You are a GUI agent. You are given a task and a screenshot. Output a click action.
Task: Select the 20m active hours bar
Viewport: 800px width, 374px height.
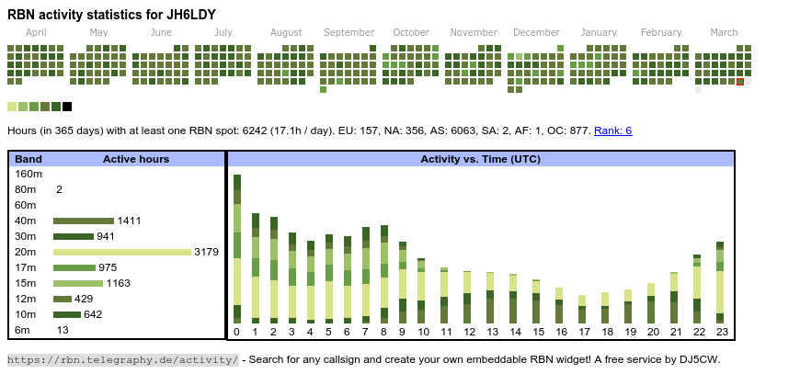pos(121,252)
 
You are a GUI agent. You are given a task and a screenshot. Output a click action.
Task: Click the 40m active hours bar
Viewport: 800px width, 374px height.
pos(83,221)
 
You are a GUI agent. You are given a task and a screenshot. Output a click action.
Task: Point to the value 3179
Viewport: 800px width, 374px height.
pos(206,252)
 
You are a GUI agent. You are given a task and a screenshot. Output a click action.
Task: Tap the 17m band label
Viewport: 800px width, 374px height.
pos(25,267)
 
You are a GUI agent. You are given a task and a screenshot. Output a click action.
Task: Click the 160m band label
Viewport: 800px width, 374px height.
pos(29,174)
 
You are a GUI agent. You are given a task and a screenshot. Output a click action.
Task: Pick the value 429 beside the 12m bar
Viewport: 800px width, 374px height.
pos(85,299)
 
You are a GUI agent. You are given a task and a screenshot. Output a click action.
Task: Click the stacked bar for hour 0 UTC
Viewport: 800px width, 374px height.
pos(236,248)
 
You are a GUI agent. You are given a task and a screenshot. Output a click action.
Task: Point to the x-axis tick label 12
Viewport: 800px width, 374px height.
pos(468,332)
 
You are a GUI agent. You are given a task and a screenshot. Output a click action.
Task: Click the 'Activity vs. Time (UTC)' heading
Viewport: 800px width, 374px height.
pos(480,159)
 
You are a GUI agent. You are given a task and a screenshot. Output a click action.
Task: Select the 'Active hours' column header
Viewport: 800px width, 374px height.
pos(135,159)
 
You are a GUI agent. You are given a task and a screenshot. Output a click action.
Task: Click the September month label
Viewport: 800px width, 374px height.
pos(349,32)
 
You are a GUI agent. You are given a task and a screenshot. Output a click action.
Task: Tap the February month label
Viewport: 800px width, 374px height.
pos(661,32)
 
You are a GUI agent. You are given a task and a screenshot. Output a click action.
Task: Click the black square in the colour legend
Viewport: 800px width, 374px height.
pos(67,107)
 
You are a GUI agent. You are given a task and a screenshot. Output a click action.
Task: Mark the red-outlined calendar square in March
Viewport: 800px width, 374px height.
pos(740,82)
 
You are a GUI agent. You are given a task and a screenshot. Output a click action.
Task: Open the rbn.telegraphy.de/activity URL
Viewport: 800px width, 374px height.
pos(122,359)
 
